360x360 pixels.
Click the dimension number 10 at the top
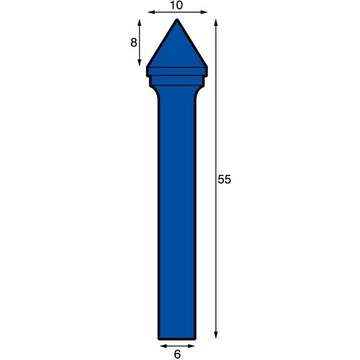pos(177,5)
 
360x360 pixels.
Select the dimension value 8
pos(133,42)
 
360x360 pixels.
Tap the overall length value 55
pos(224,180)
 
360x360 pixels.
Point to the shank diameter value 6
pos(177,354)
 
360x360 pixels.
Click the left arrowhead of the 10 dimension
pos(149,12)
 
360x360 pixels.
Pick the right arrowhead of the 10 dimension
pos(205,12)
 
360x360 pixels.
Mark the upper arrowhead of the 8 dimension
pos(140,22)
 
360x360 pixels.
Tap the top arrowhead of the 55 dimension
pos(216,21)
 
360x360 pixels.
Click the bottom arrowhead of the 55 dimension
pos(216,336)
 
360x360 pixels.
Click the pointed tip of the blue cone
pos(177,20)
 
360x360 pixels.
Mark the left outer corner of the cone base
pos(147,67)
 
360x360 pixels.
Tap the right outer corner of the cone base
pos(207,67)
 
